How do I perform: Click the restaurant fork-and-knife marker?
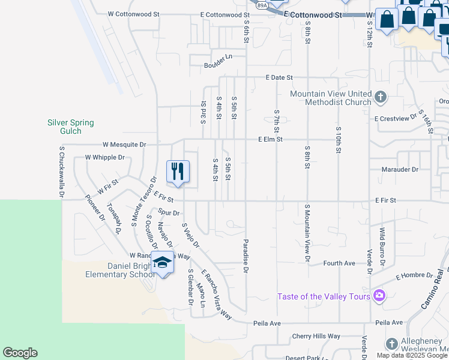tap(178, 172)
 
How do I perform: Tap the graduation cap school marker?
tap(162, 262)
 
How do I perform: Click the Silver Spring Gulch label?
tap(71, 127)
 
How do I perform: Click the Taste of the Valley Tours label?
tap(324, 296)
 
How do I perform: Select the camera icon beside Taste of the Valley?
tap(379, 295)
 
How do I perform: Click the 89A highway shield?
tap(262, 5)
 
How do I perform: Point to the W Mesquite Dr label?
tap(124, 145)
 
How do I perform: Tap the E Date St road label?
tap(279, 77)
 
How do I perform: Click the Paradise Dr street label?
tap(246, 257)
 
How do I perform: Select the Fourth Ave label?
tap(339, 263)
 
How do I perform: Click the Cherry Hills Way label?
tap(316, 336)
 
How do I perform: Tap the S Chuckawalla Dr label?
tap(61, 172)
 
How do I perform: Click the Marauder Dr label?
tap(400, 169)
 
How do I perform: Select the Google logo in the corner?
tap(20, 353)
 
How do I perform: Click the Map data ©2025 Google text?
tap(412, 355)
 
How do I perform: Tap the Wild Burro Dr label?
tap(381, 247)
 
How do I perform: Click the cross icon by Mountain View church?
tap(380, 97)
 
